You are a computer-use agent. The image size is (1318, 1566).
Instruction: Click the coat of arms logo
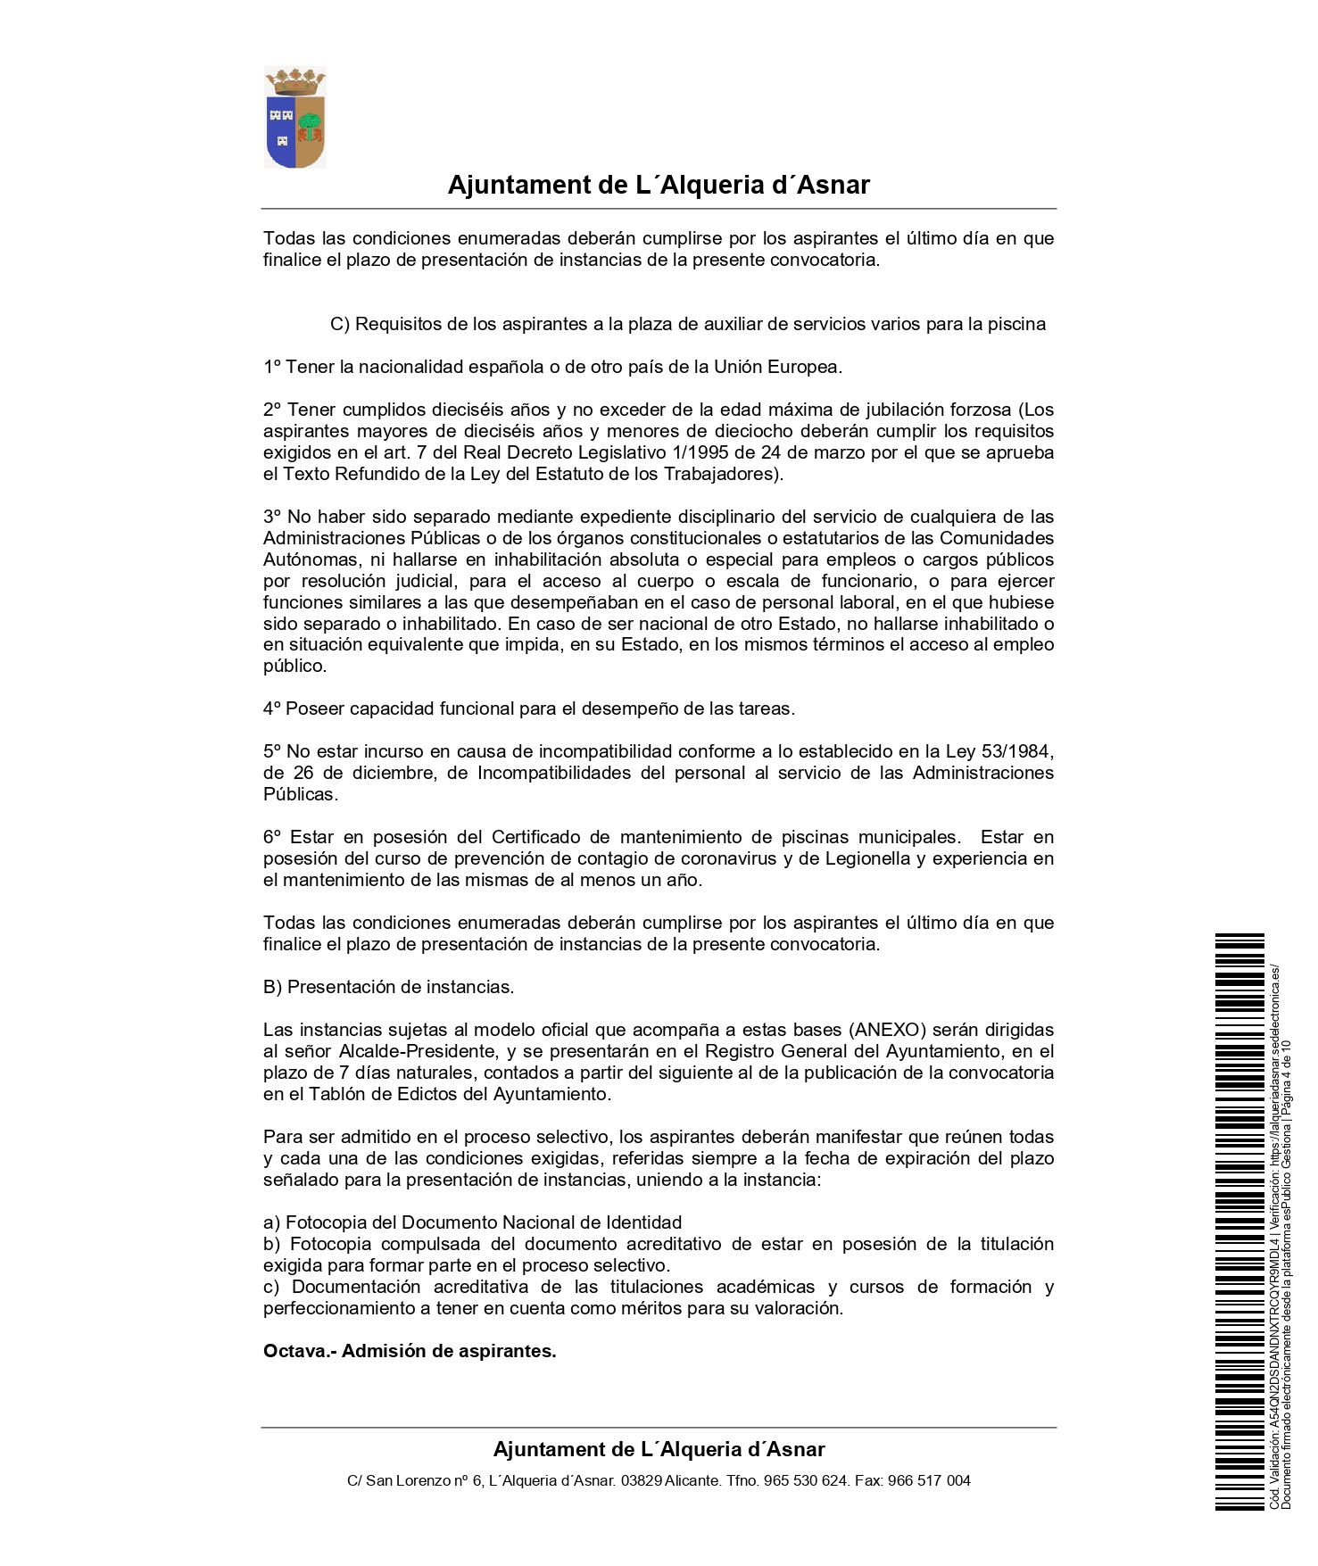295,118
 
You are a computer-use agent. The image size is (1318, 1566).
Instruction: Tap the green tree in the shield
310,122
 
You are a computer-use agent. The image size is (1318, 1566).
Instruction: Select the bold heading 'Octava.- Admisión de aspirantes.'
410,1351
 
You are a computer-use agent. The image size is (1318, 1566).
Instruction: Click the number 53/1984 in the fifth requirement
1019,751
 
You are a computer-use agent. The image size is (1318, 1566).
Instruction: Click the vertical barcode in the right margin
1239,1222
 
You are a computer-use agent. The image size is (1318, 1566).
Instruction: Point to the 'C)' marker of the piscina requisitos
339,324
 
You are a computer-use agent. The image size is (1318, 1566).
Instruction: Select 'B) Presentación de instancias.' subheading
388,987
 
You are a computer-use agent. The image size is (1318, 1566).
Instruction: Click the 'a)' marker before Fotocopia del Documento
271,1222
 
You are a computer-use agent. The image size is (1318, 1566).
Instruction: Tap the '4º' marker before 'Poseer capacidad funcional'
272,708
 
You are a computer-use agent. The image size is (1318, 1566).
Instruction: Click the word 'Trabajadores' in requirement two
718,474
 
